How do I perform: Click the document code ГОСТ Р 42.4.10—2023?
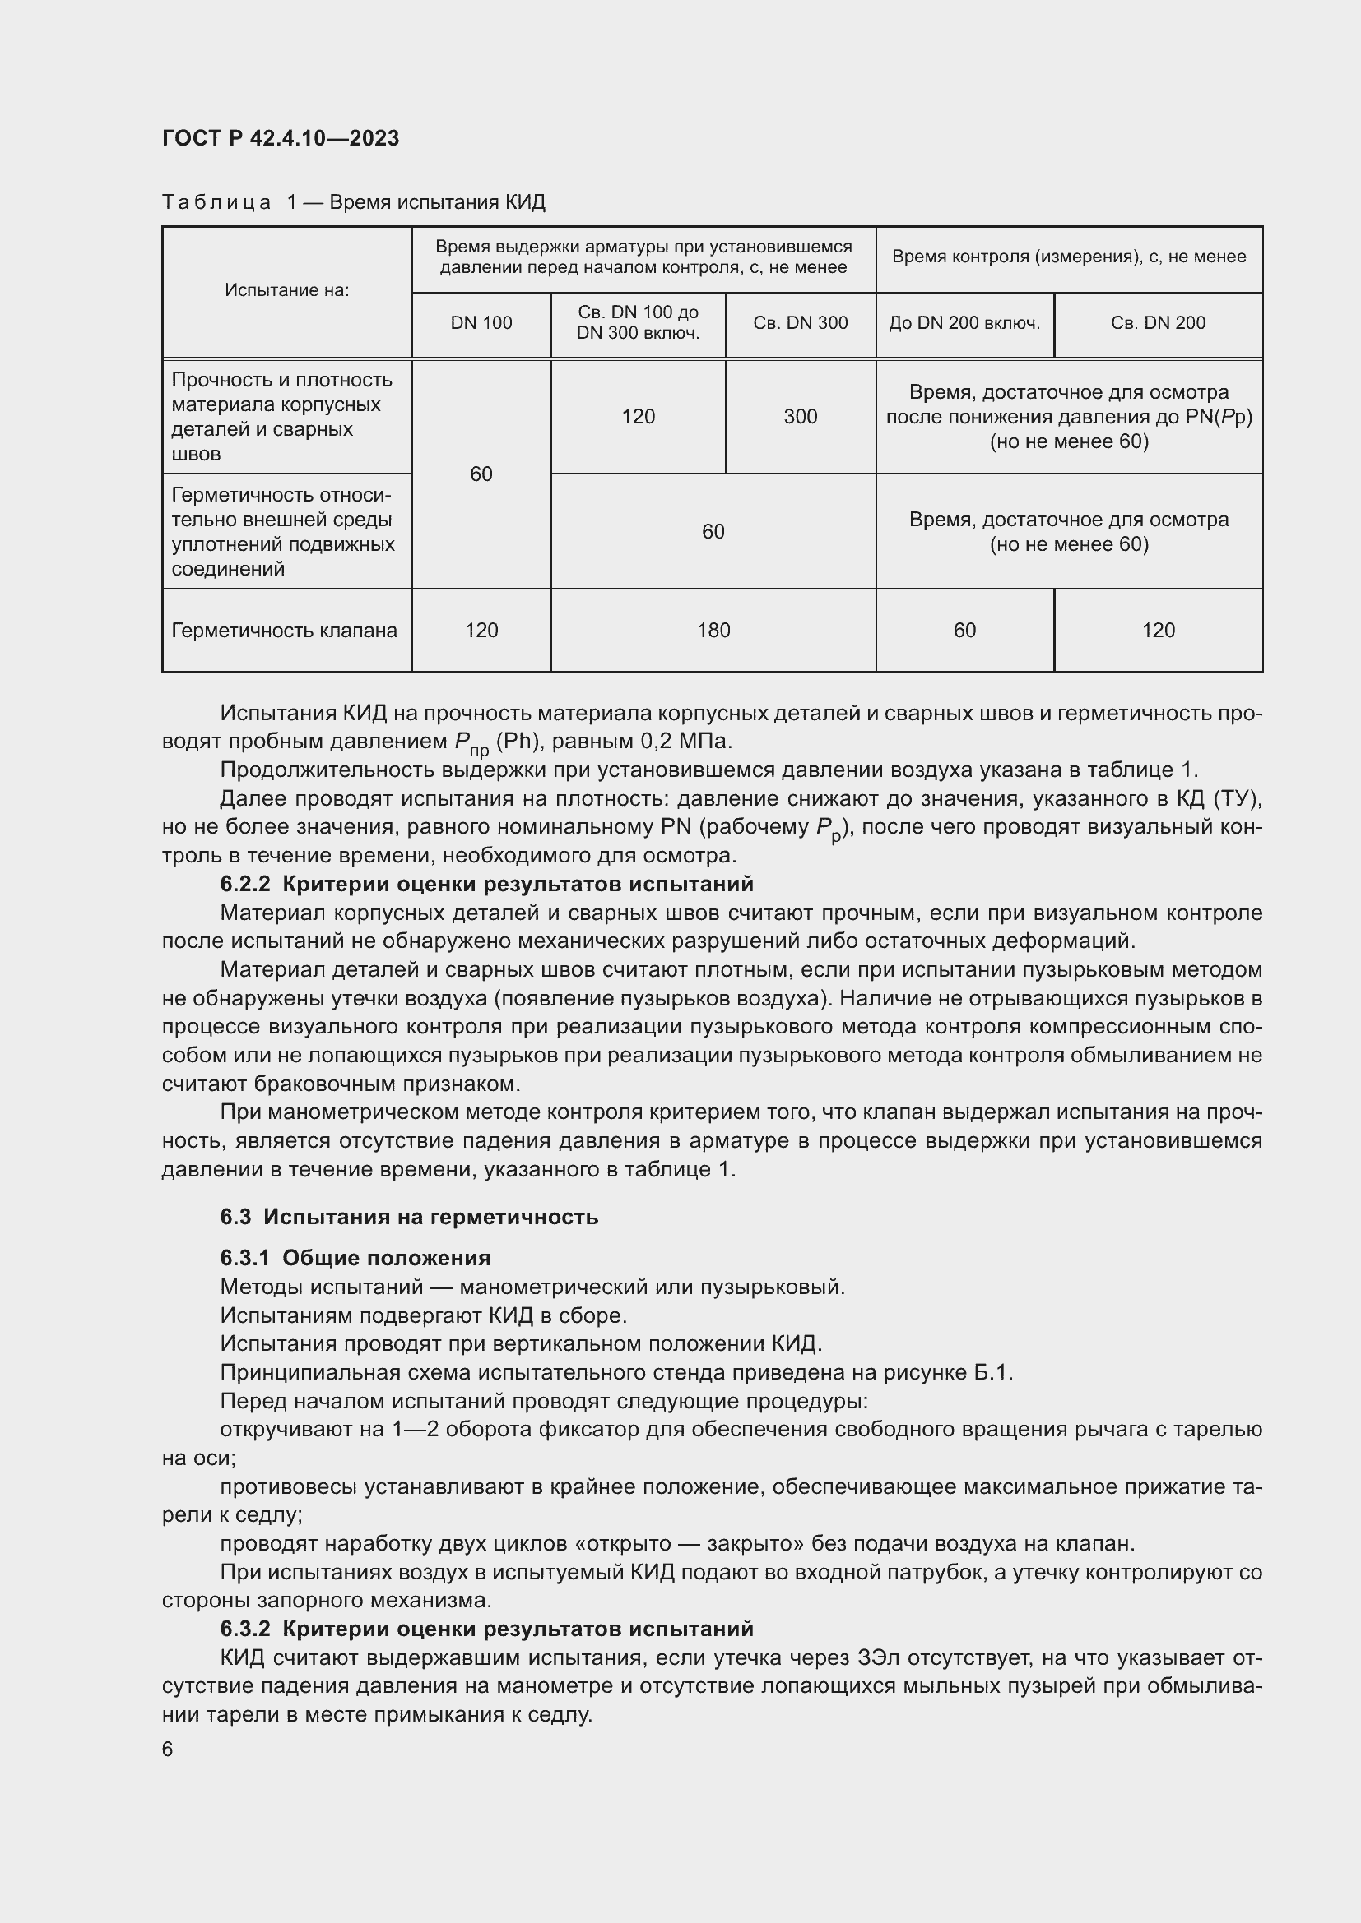point(280,138)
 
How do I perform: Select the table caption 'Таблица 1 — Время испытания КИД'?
point(353,202)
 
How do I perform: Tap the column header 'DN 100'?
point(481,323)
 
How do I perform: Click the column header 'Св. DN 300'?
point(800,323)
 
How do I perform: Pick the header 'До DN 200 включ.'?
point(964,323)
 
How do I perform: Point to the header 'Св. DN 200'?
point(1158,323)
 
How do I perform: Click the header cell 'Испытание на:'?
point(286,290)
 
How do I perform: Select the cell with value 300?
point(800,416)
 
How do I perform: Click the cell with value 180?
point(713,630)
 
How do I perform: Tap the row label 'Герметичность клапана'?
point(284,630)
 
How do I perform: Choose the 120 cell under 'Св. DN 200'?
point(1158,630)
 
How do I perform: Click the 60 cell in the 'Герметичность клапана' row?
point(964,630)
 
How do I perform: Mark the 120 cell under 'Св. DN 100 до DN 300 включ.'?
point(638,416)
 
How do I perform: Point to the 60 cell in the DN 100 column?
point(481,474)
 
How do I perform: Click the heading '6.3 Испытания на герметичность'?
point(409,1216)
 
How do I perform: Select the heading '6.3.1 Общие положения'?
point(355,1258)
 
